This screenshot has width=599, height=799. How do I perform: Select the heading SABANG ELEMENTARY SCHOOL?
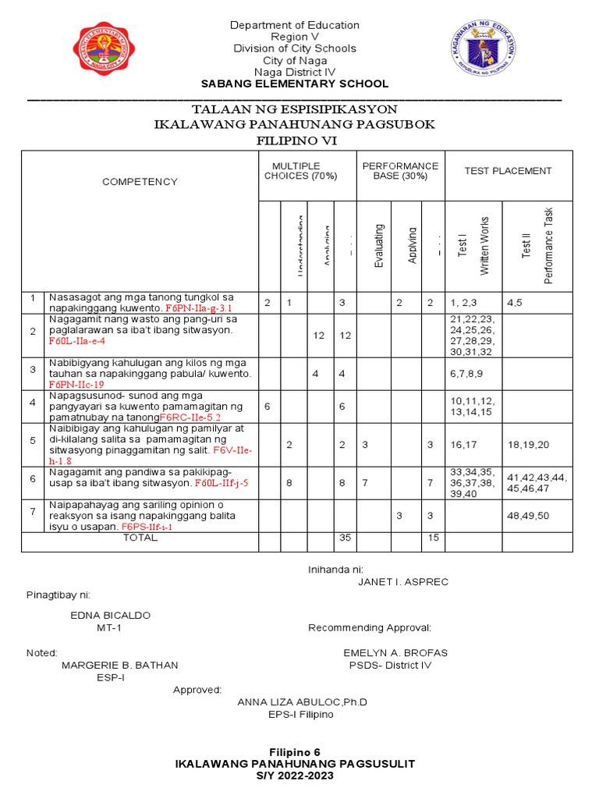click(x=295, y=84)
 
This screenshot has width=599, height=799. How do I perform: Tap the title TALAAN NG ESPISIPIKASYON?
click(x=295, y=109)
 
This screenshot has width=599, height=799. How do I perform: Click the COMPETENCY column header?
click(x=140, y=182)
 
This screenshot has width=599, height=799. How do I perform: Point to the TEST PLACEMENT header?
click(x=508, y=171)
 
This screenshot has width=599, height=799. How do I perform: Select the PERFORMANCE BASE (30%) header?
click(x=400, y=171)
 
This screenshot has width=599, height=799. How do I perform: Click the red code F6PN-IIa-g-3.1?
click(x=200, y=308)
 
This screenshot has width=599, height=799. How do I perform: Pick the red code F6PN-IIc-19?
click(x=76, y=385)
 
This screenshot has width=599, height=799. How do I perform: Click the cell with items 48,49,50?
click(x=528, y=517)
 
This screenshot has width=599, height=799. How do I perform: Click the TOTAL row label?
click(x=140, y=538)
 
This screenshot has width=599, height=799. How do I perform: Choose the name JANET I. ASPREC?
click(x=403, y=582)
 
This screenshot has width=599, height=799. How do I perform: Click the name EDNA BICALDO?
click(x=111, y=615)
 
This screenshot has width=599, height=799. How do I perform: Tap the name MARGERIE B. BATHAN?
click(x=120, y=665)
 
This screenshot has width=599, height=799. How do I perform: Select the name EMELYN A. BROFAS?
click(x=395, y=652)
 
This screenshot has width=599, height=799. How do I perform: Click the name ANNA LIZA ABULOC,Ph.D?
click(x=302, y=702)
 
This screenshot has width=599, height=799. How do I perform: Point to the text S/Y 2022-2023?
click(x=295, y=776)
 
